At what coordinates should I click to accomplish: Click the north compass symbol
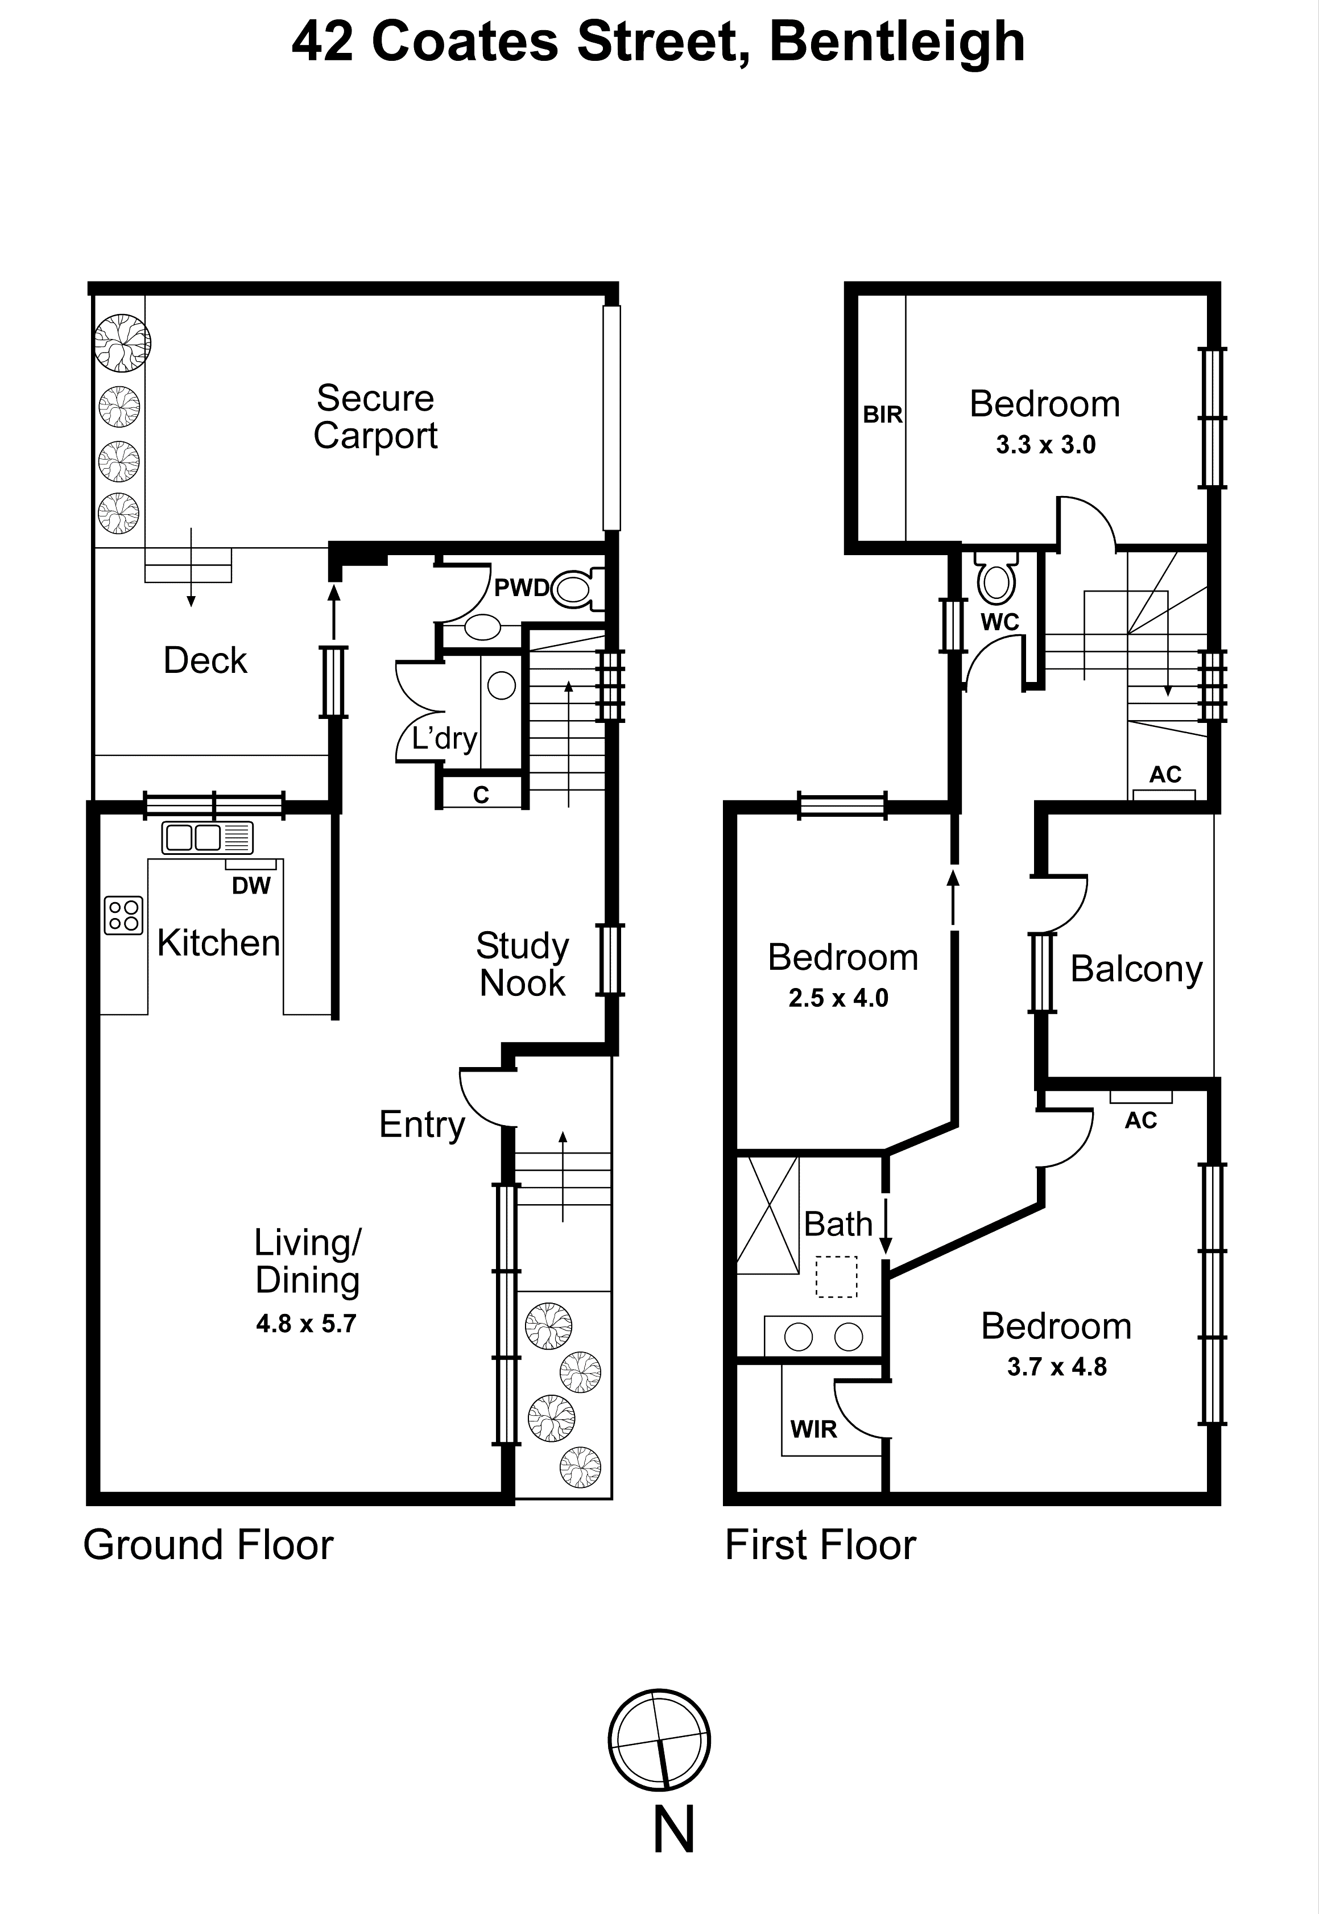click(x=659, y=1739)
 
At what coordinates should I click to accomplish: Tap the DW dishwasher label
click(x=251, y=886)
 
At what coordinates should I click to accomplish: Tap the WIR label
click(x=813, y=1429)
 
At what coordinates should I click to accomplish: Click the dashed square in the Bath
click(x=836, y=1277)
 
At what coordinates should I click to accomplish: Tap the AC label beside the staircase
click(x=1165, y=774)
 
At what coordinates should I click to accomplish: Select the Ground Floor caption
click(x=208, y=1545)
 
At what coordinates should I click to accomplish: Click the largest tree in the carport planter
click(x=122, y=342)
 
